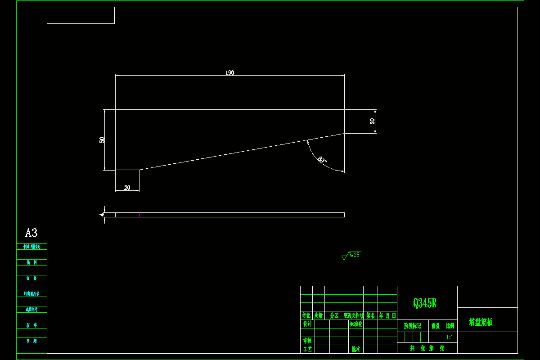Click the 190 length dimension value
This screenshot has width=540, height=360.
(x=230, y=73)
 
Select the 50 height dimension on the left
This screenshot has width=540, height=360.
(x=102, y=140)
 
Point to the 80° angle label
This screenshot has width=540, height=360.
(x=322, y=160)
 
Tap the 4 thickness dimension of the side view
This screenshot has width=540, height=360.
(x=102, y=215)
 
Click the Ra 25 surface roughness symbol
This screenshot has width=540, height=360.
(x=351, y=256)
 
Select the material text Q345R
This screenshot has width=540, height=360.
(x=425, y=303)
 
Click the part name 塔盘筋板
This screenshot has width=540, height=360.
(x=481, y=322)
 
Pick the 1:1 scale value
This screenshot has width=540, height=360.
(x=450, y=337)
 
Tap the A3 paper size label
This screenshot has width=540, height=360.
(x=31, y=233)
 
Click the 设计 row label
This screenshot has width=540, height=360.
(x=307, y=324)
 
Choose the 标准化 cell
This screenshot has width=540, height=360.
(x=355, y=324)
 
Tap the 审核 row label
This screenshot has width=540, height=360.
(x=307, y=341)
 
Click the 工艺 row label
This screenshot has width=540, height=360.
(x=307, y=349)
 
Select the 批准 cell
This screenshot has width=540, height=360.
(x=355, y=349)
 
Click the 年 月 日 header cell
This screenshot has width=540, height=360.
(x=387, y=315)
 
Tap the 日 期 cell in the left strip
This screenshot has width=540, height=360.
(x=31, y=341)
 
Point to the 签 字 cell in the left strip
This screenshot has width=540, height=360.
(x=31, y=325)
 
